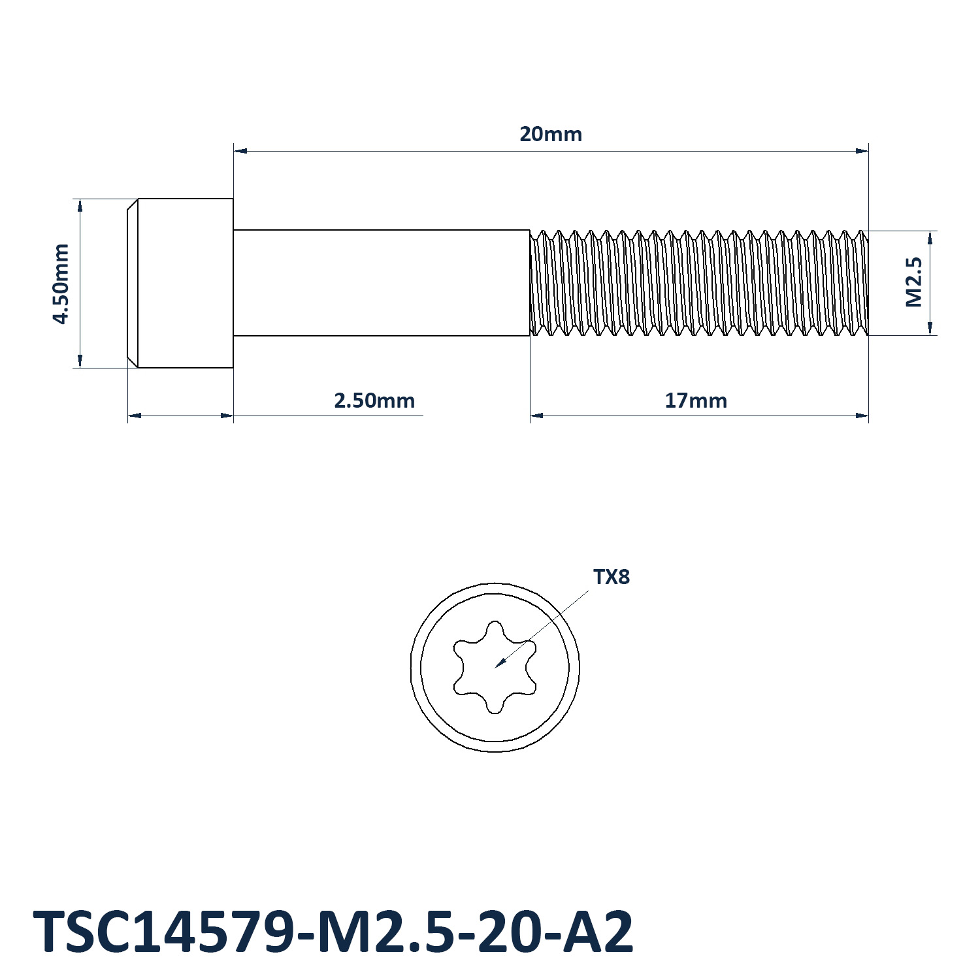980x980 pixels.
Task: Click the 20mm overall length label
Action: tap(551, 134)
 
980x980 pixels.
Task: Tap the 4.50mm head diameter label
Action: tap(61, 284)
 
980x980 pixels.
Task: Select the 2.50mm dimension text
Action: tap(374, 400)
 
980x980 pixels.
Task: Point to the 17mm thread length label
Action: tap(696, 400)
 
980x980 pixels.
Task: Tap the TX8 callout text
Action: tap(612, 577)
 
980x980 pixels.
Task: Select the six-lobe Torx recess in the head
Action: tap(495, 667)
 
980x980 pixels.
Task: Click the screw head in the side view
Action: tap(180, 283)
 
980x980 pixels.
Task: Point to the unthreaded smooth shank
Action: tap(382, 283)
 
